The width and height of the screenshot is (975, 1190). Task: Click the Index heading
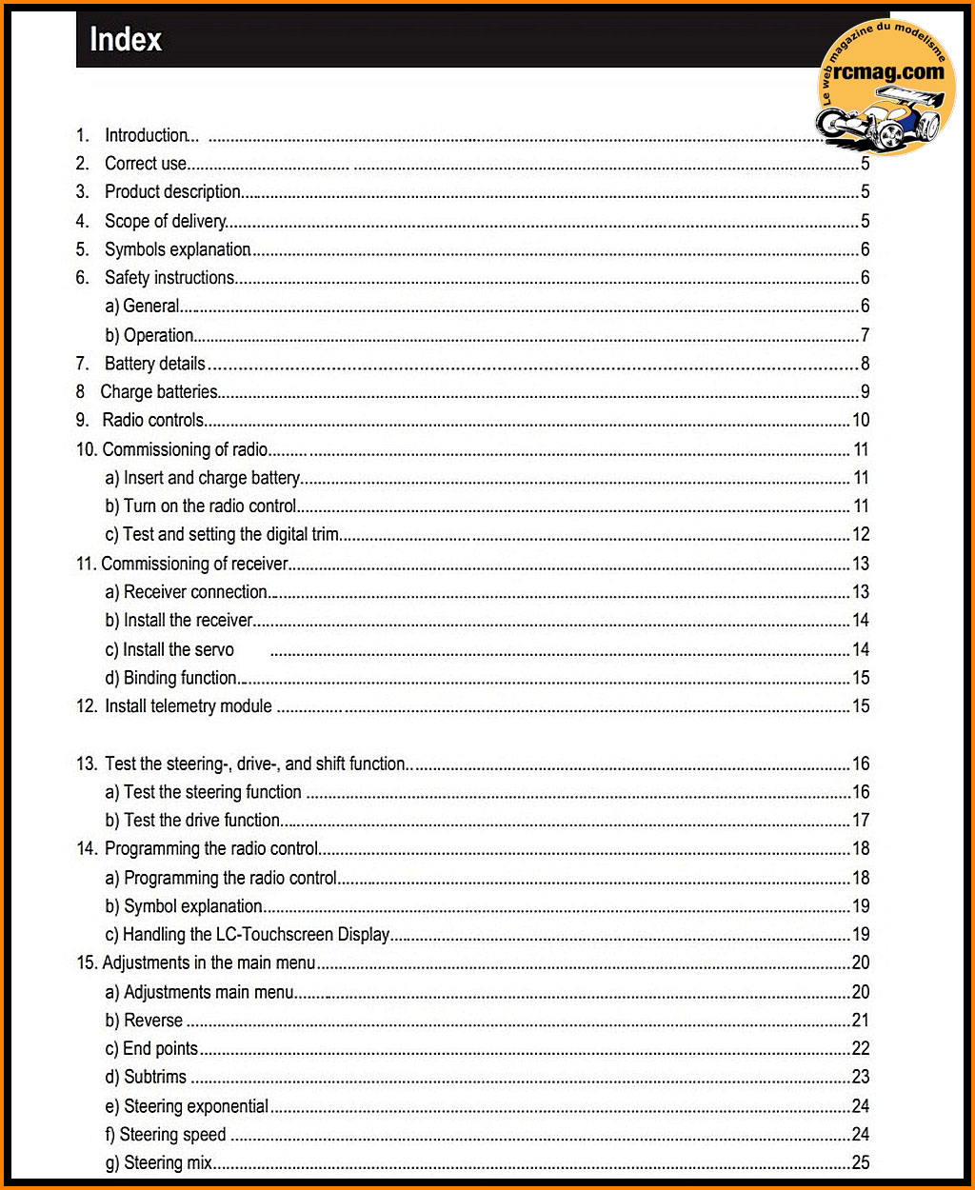tap(126, 40)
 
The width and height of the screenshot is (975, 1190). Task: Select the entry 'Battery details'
tap(154, 364)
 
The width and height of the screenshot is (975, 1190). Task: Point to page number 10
tap(860, 420)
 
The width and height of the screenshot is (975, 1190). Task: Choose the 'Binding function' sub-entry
tap(180, 678)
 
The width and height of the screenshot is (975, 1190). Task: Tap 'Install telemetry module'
tap(188, 706)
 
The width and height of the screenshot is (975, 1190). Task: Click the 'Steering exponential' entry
tap(196, 1106)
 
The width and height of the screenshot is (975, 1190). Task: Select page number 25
tap(860, 1162)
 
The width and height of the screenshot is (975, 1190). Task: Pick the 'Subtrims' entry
tap(155, 1078)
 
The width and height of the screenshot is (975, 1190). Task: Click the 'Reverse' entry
tap(153, 1021)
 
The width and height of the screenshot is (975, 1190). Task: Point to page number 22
tap(860, 1049)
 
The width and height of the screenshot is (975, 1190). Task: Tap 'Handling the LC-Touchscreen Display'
tap(256, 935)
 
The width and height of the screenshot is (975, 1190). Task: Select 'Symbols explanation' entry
tap(177, 249)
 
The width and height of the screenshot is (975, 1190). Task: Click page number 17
tap(860, 821)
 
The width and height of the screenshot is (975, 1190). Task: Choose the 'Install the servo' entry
tap(178, 650)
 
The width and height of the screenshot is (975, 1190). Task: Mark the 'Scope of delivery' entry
tap(165, 221)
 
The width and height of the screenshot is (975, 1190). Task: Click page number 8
tap(865, 364)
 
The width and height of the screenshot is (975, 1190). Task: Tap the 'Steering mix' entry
tap(168, 1162)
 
